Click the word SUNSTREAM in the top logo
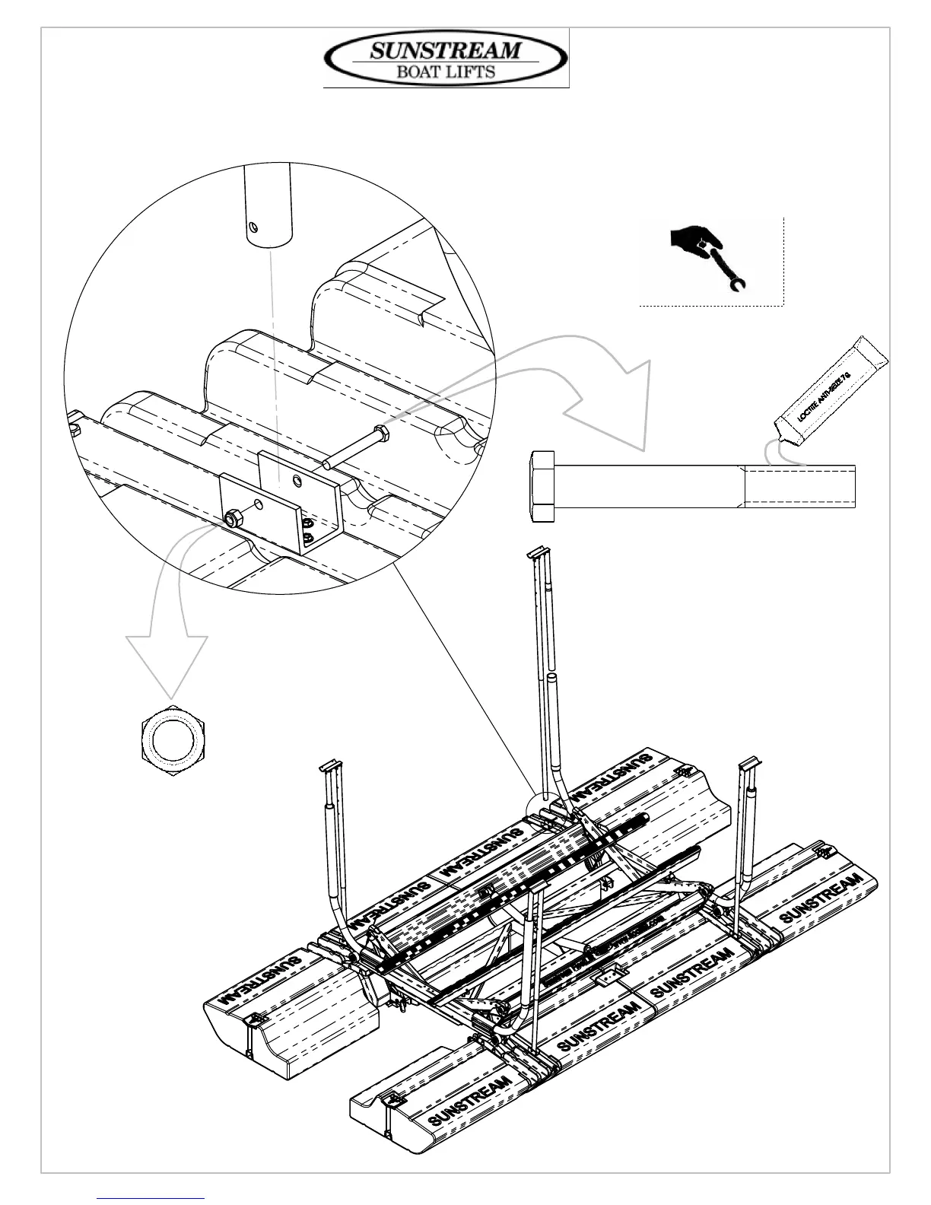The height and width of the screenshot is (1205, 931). [x=446, y=52]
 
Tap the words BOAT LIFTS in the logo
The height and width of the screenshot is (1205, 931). [x=446, y=73]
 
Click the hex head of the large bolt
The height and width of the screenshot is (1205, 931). [x=542, y=486]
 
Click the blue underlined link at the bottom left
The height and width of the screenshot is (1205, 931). [x=151, y=1199]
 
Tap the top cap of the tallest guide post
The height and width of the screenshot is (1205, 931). [x=538, y=551]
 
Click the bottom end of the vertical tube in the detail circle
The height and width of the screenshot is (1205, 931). [x=267, y=240]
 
